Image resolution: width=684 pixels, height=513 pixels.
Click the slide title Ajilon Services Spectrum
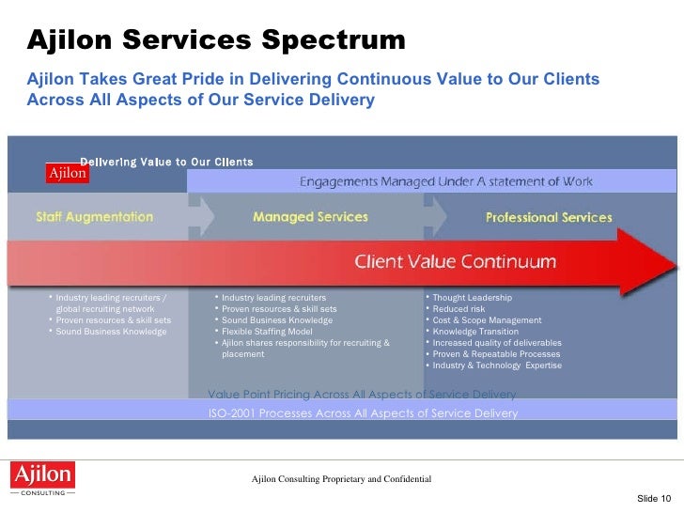[x=216, y=41]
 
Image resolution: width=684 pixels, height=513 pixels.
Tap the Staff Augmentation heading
[x=94, y=217]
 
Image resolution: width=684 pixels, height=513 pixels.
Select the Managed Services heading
[x=310, y=217]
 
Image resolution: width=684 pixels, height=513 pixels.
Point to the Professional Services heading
[x=548, y=218]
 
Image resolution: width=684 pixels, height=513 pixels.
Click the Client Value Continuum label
[x=455, y=261]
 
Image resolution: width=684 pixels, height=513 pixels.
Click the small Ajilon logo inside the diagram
[x=68, y=173]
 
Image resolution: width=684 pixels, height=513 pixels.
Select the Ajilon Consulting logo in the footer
[x=40, y=478]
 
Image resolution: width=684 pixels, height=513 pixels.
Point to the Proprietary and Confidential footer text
[x=341, y=479]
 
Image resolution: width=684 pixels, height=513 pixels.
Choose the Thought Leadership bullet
[x=472, y=298]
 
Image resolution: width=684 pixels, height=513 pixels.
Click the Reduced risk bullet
[x=459, y=309]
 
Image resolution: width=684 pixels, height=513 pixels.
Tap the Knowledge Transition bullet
[x=475, y=332]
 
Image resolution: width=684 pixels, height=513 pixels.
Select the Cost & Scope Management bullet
[x=487, y=320]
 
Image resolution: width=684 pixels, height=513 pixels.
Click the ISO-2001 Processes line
[x=362, y=413]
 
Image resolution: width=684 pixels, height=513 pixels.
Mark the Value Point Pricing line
[x=362, y=394]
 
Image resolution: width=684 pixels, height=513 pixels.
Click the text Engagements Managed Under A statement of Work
[x=445, y=181]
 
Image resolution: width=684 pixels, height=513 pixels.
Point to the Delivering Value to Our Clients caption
[x=166, y=162]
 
